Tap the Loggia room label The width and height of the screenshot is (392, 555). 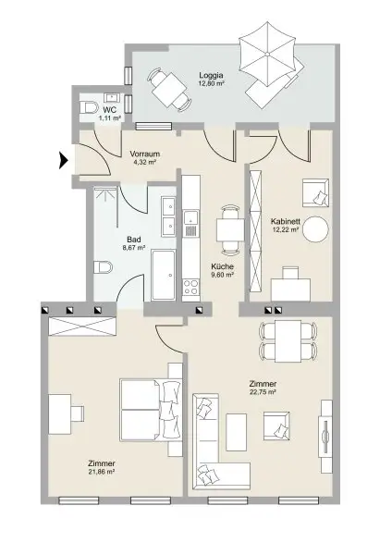211,75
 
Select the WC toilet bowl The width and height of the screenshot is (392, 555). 89,107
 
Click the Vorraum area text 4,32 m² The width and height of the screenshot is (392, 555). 145,162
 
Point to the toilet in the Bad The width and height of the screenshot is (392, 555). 103,267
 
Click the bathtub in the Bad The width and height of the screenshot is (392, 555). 163,276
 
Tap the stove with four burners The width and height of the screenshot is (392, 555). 191,287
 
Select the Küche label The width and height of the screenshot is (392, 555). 222,266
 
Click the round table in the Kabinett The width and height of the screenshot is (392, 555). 316,229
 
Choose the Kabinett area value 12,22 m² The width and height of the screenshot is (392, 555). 285,229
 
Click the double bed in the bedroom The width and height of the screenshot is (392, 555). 151,410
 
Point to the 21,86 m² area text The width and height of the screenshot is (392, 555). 101,472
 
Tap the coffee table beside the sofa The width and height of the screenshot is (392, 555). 237,432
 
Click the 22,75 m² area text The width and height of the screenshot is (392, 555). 263,392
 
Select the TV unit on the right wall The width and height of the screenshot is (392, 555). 326,437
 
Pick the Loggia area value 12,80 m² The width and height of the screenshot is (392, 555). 211,83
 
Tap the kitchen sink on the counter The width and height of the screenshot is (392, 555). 191,223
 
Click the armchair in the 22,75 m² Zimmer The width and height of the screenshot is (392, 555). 276,425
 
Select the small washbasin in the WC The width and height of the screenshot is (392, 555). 113,97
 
